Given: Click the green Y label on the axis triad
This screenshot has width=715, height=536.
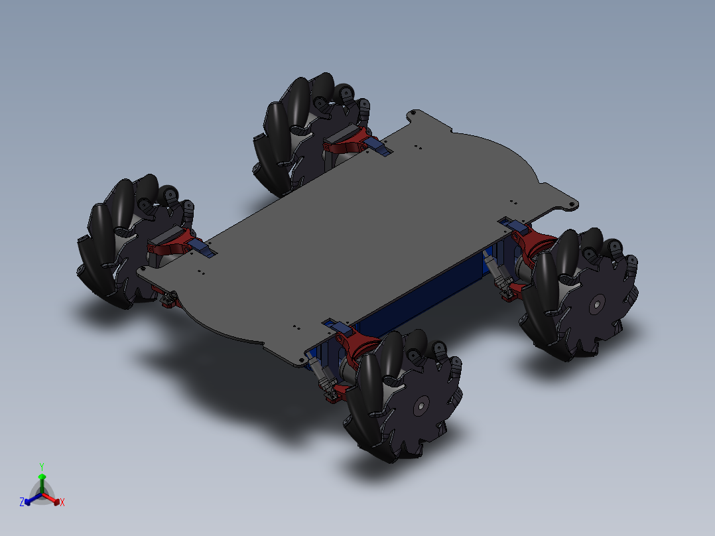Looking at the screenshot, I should coord(41,466).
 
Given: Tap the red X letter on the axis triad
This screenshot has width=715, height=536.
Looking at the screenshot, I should coord(62,503).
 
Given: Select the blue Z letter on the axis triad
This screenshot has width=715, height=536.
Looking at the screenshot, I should coord(22,503).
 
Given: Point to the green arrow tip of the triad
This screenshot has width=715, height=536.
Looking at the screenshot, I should coord(41,476).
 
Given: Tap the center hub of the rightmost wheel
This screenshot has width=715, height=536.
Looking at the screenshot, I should coord(596,305).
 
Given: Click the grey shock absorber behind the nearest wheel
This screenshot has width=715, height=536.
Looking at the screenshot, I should coord(322,375).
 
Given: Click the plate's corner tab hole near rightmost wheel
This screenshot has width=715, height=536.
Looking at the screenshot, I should coord(569,204).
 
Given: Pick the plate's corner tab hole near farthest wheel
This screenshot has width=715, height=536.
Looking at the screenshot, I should coord(414,113).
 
